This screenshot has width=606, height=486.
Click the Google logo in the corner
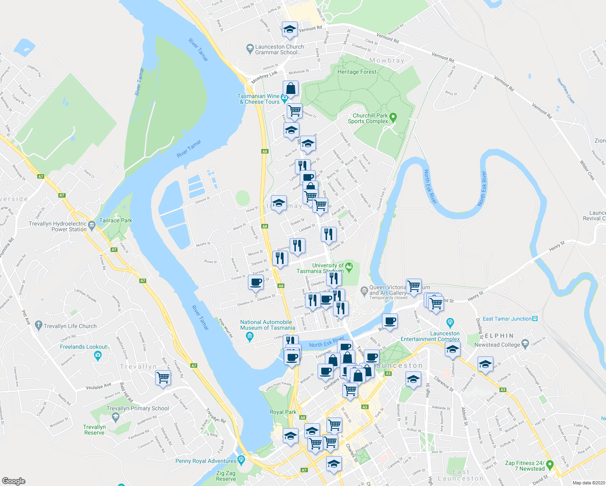(14, 481)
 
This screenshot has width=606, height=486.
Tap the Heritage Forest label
(357, 72)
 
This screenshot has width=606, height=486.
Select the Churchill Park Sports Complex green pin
(393, 118)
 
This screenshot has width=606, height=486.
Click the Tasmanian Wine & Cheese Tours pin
(284, 98)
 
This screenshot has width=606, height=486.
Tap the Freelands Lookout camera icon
(97, 356)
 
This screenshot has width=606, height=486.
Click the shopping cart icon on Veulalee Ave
(163, 377)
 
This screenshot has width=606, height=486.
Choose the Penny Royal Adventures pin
(241, 459)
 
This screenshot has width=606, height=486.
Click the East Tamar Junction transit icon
(535, 319)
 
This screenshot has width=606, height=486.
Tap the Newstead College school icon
(525, 344)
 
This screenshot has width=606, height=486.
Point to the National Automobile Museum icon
(250, 336)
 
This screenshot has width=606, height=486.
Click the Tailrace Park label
(115, 220)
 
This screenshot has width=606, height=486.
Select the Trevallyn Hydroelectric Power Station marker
(92, 227)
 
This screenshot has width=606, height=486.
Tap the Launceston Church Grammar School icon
(250, 48)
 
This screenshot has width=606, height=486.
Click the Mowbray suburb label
(387, 60)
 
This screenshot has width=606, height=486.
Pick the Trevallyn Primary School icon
(115, 417)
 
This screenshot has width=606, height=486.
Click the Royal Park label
(283, 412)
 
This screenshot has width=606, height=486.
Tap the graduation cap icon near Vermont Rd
(289, 29)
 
